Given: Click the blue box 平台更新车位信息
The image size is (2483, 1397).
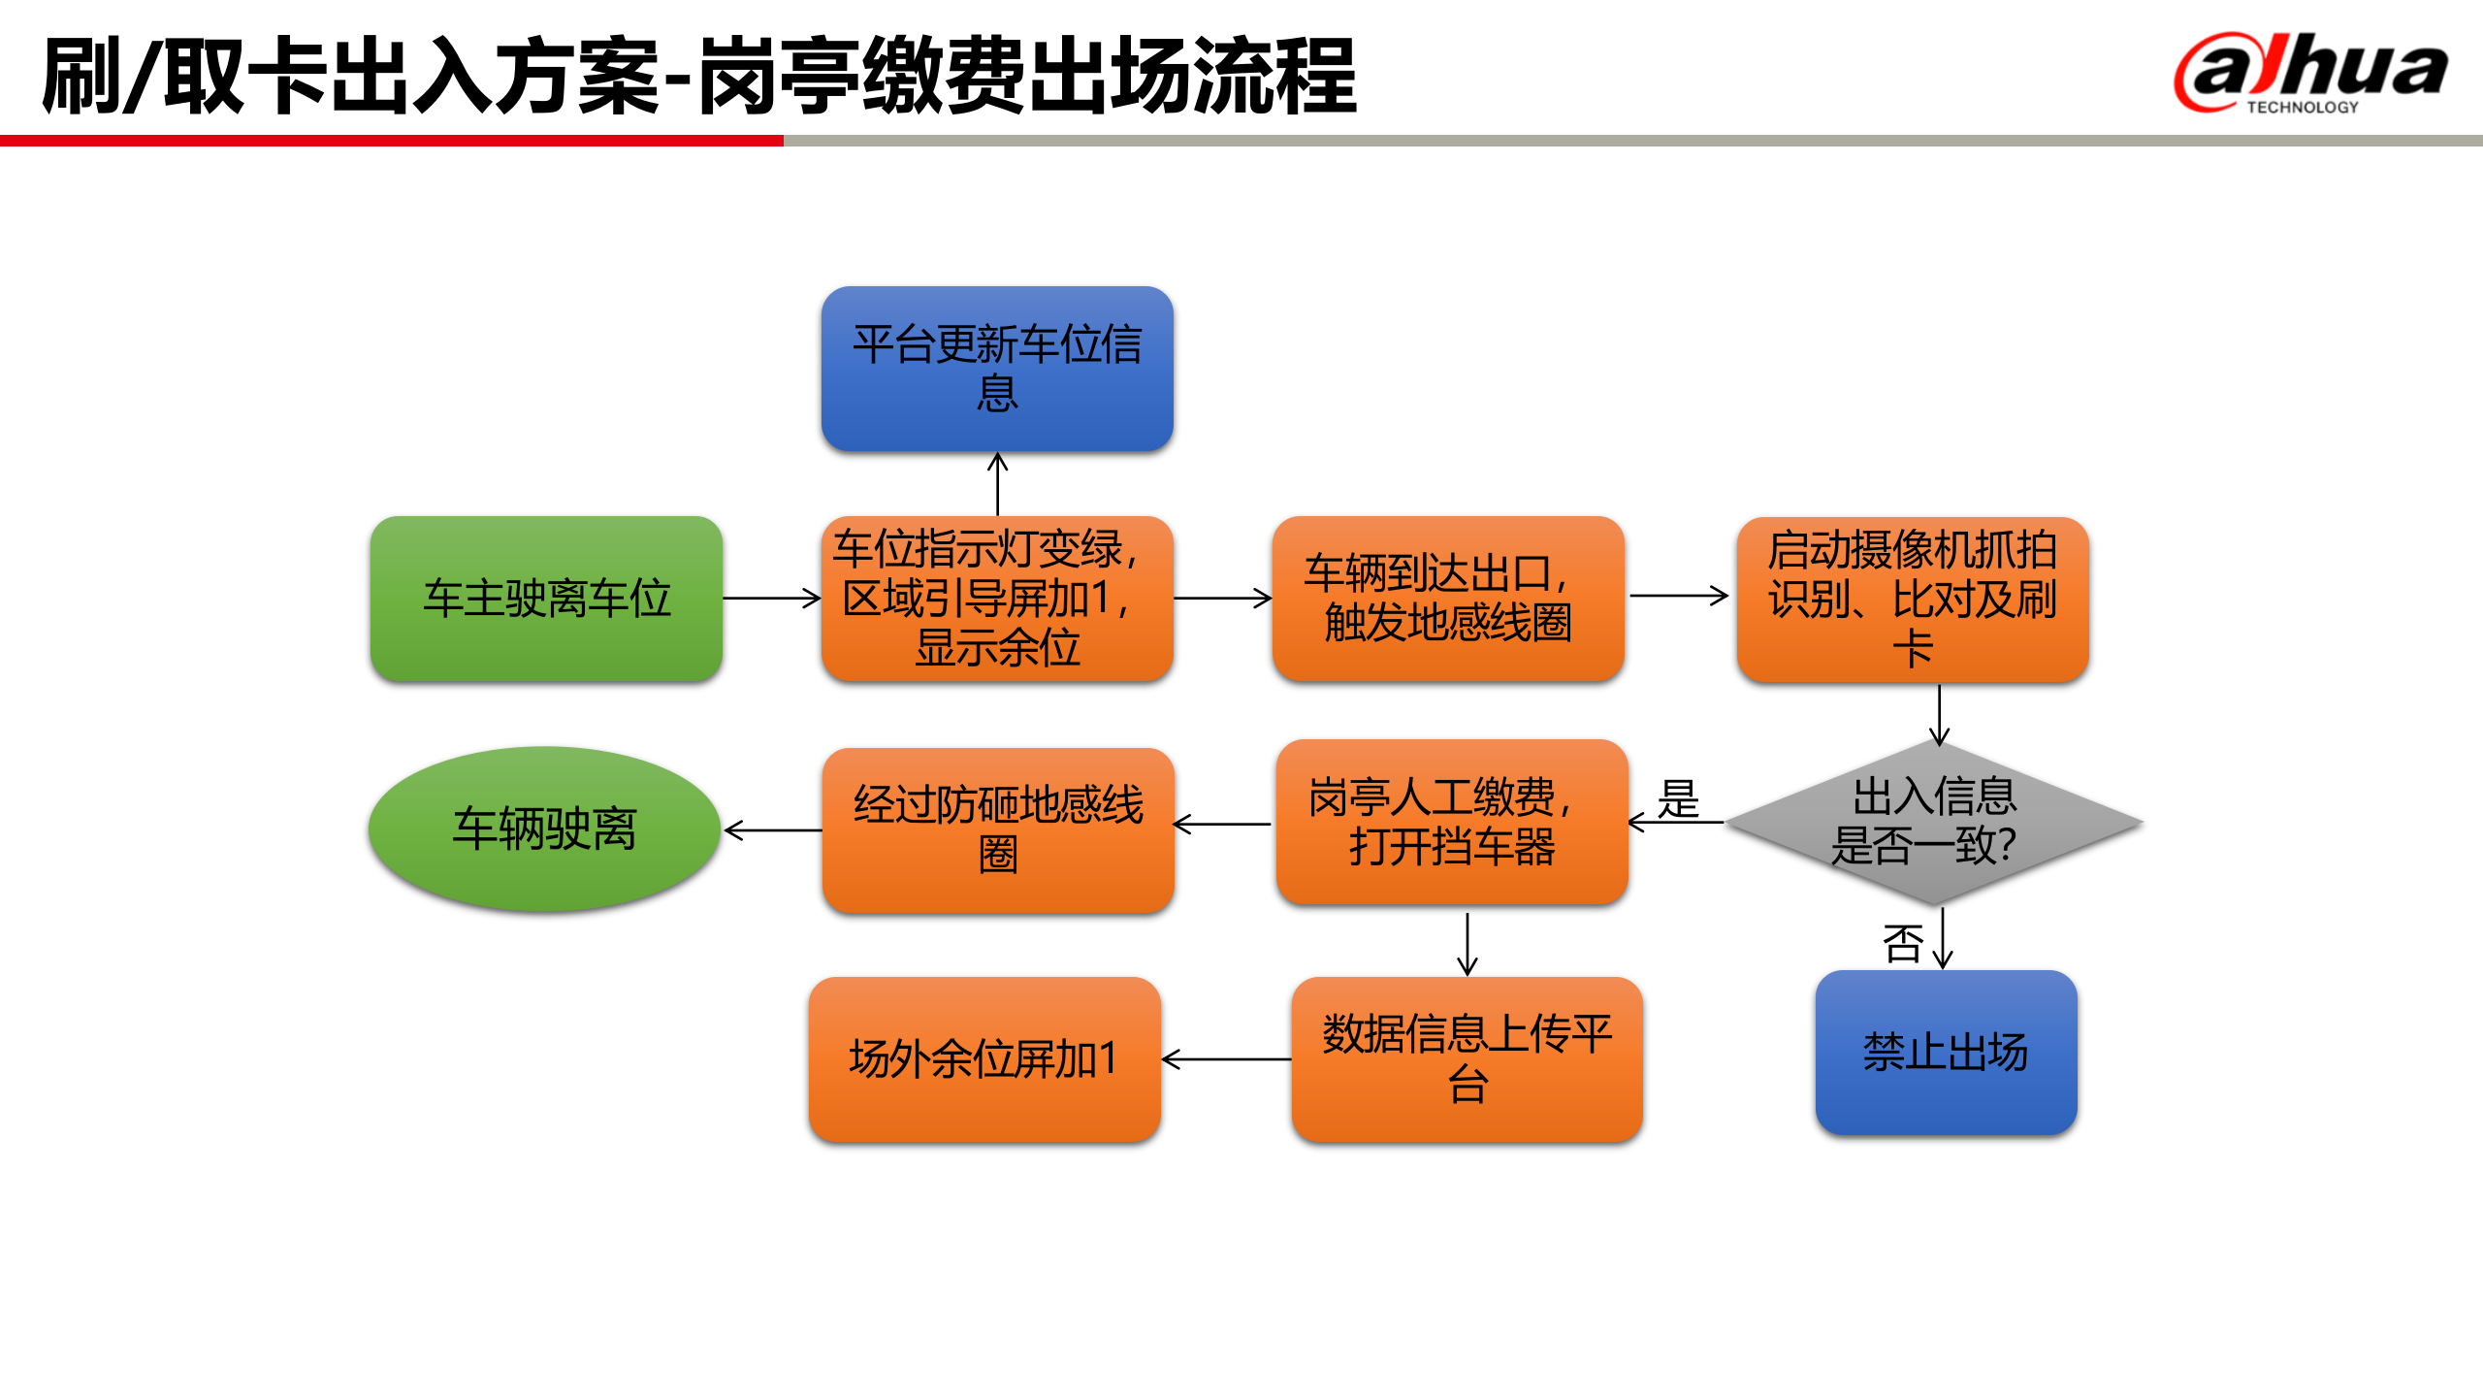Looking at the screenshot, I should tap(997, 369).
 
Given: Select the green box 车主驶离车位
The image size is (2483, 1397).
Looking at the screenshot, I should tap(546, 599).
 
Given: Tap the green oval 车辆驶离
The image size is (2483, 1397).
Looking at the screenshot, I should tap(544, 828).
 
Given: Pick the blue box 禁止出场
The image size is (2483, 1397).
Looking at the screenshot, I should tap(1946, 1053).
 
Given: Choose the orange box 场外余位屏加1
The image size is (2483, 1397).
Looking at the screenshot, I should tap(984, 1059).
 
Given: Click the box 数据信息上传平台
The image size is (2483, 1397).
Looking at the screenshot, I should tap(1467, 1059).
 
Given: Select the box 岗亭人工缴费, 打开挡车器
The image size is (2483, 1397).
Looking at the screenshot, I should tap(1451, 823).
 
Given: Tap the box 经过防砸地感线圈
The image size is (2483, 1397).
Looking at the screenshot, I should tap(998, 829).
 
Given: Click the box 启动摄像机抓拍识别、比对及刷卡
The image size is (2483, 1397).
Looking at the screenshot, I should tap(1913, 599).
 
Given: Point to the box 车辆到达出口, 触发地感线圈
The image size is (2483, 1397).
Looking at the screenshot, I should tap(1448, 599).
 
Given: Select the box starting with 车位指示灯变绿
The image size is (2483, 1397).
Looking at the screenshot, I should tap(997, 599).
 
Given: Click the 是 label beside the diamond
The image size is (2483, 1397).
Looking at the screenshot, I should tap(1678, 799).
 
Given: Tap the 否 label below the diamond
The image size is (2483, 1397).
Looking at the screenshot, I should tap(1902, 943).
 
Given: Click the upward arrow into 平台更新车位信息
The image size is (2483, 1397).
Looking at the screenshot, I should tap(997, 483).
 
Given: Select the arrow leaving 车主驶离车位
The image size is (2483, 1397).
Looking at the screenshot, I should tap(772, 599).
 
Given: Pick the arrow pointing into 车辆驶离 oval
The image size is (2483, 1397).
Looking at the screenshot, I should tap(772, 830).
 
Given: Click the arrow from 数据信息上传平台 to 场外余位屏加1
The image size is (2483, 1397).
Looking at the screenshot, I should tap(1226, 1059).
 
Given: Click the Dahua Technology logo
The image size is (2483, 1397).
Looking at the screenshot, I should tap(2310, 74).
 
